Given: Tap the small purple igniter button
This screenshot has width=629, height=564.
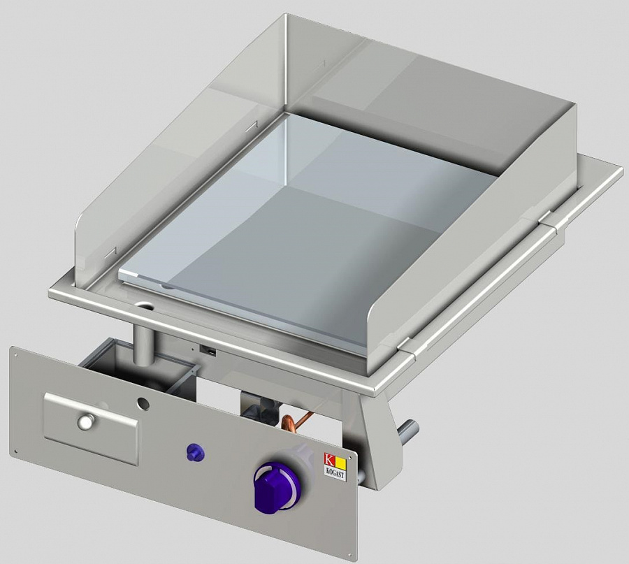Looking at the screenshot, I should pos(194,452).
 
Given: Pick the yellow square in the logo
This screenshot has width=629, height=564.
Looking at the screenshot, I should pos(340,461).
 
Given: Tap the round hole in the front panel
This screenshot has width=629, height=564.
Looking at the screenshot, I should pos(143,403).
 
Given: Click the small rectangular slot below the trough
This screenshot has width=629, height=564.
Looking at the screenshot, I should pos(208,347).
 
